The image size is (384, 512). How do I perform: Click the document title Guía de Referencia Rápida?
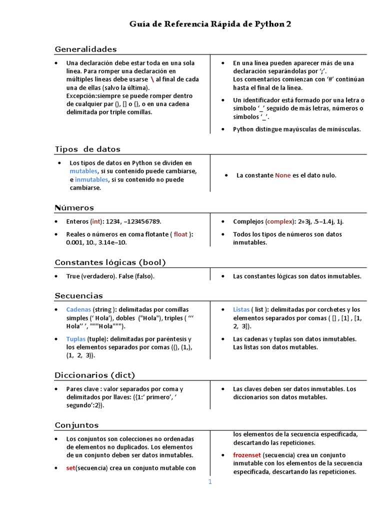210,24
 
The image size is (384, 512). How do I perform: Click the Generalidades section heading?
85,49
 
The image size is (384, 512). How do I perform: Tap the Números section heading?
74,207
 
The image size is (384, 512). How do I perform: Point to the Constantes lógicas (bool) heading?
110,262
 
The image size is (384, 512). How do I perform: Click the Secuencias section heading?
78,295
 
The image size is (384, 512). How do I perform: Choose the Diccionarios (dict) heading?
94,375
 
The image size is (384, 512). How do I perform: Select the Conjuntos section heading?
76,425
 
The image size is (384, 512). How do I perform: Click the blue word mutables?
83,171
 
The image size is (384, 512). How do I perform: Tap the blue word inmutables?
91,179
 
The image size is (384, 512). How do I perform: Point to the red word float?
180,234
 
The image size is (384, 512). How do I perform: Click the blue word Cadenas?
78,309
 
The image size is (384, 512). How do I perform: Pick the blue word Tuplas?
76,339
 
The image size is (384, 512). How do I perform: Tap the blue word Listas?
241,309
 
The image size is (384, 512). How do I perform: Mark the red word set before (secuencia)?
70,468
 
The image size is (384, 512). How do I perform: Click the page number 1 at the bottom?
210,482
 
